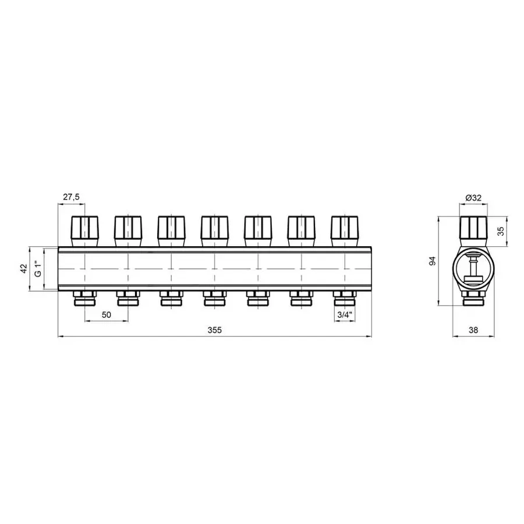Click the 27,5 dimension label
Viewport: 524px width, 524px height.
(71, 197)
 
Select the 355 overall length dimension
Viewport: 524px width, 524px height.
(214, 330)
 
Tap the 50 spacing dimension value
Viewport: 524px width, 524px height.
(107, 315)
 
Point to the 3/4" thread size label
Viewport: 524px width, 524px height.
(345, 315)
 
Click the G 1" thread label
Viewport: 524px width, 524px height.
(39, 269)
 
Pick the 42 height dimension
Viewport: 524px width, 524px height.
(24, 269)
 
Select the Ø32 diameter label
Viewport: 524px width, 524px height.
(473, 197)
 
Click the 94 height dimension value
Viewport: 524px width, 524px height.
(433, 261)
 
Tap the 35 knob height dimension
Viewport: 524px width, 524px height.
(501, 231)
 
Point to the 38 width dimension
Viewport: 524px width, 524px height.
(473, 330)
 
